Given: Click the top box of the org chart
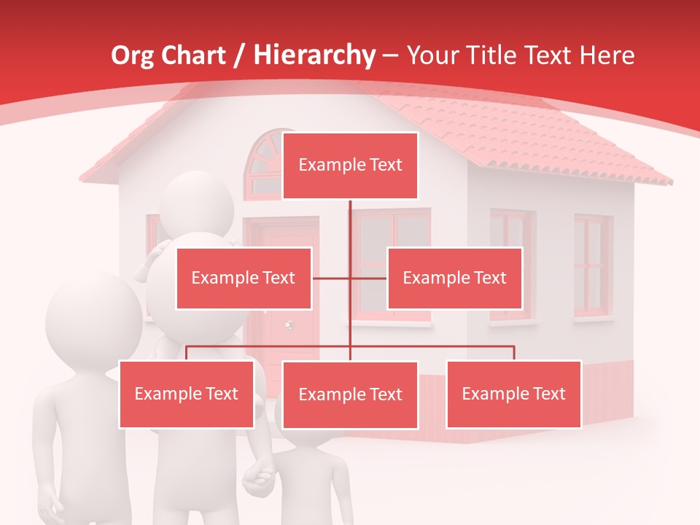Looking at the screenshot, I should [350, 166].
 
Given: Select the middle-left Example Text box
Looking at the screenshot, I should [244, 278].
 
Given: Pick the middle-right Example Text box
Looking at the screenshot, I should [454, 278].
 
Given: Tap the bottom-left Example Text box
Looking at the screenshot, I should [187, 394].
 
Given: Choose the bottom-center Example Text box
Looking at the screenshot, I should [350, 394].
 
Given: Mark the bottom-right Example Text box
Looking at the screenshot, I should [513, 394].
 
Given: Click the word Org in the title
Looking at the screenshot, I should [133, 55].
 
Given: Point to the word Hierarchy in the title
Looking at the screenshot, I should [314, 55].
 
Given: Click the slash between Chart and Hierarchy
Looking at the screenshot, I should [238, 55].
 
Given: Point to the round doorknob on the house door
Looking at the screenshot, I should [289, 323].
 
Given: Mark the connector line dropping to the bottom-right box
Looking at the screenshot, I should [514, 353].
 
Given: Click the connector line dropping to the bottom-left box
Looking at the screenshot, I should [187, 353].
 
